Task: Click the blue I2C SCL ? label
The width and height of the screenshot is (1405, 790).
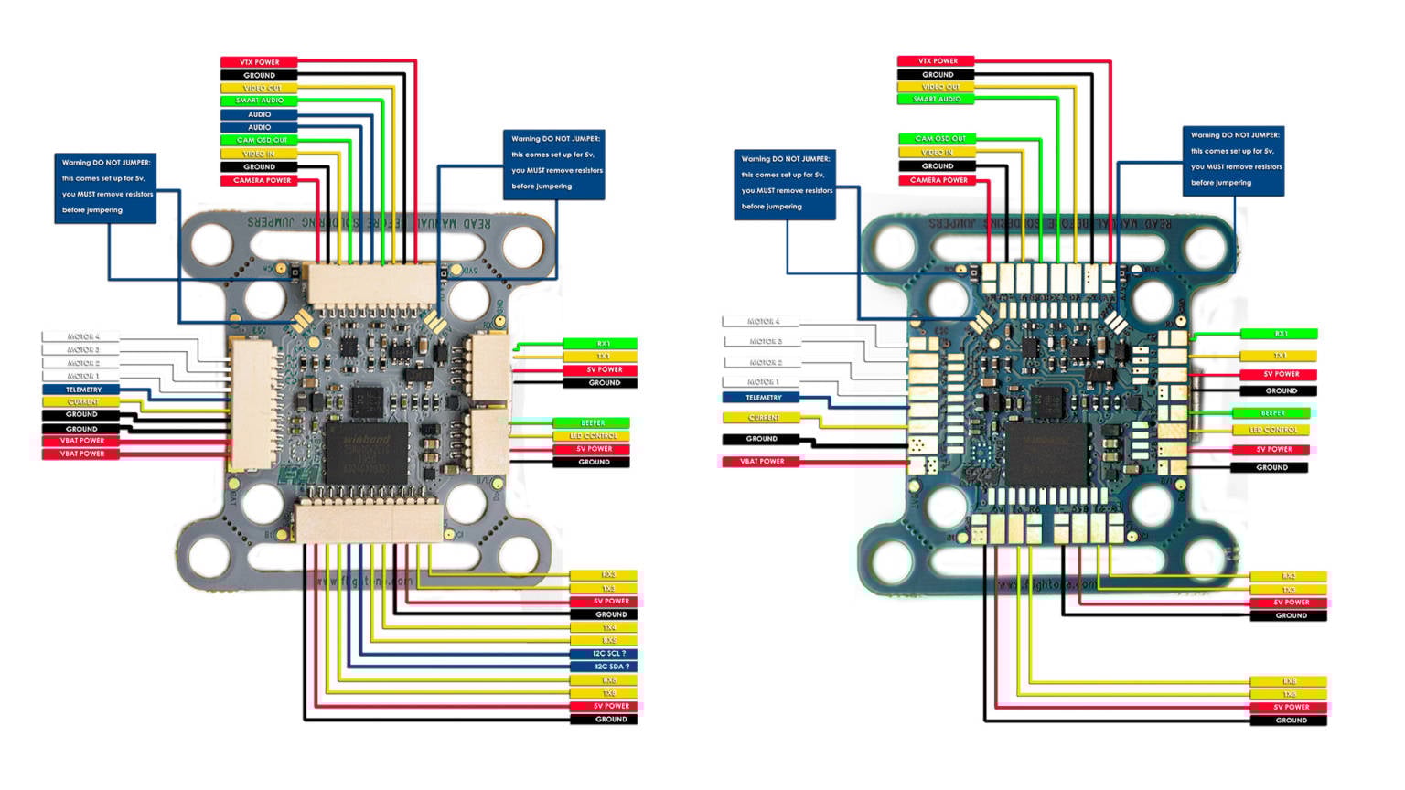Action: [603, 654]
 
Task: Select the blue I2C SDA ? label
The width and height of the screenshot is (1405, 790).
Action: [603, 667]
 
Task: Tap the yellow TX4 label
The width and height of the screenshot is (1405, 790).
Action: [603, 627]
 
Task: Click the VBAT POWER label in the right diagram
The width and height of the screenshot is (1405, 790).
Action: [761, 462]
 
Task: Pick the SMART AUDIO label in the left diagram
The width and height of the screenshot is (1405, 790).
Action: [259, 101]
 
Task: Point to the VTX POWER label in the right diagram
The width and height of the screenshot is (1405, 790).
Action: [936, 61]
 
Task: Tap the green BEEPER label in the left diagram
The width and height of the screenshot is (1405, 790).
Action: [591, 423]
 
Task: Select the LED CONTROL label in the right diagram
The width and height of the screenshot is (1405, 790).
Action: [1271, 430]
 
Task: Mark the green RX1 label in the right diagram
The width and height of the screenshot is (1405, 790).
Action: [1279, 334]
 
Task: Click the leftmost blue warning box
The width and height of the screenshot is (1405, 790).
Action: [105, 187]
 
